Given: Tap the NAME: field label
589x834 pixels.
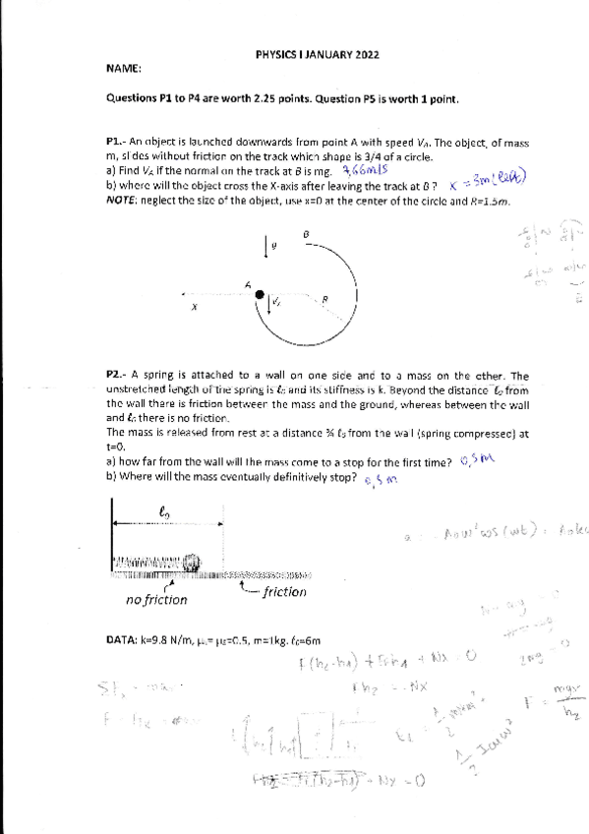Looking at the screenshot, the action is tap(122, 69).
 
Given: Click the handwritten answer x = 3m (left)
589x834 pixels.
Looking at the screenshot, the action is tap(488, 182).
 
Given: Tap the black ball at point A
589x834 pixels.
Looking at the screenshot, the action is tap(259, 293).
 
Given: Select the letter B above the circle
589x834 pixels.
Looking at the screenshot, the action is tap(307, 234).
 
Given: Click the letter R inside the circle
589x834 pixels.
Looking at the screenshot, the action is tap(324, 298).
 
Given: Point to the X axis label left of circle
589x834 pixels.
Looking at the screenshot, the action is tap(195, 306).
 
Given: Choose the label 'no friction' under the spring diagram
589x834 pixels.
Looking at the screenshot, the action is tap(156, 599).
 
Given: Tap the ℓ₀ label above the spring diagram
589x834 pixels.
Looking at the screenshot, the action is tap(165, 510).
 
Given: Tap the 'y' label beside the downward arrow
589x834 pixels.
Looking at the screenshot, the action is tap(275, 246).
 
